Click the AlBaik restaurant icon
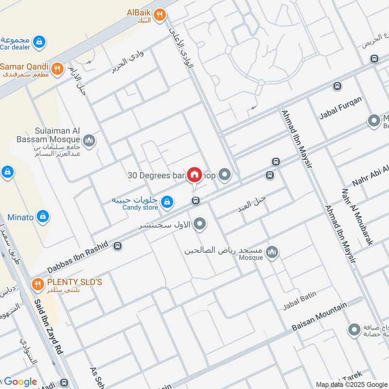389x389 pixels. click(x=159, y=17)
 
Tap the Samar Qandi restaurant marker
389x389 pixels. click(x=57, y=69)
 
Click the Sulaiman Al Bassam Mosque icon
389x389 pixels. click(x=88, y=141)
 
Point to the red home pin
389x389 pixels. click(x=194, y=175)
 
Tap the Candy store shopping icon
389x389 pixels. click(x=167, y=202)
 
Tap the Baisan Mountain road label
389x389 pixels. click(x=319, y=317)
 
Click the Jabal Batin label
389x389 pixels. click(x=300, y=301)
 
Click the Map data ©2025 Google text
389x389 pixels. click(x=351, y=384)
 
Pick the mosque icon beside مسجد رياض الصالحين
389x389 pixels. click(x=272, y=252)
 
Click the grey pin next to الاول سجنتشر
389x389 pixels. click(x=199, y=224)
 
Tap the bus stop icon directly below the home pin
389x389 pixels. click(x=195, y=200)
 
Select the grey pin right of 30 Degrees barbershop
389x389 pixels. click(x=224, y=174)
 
